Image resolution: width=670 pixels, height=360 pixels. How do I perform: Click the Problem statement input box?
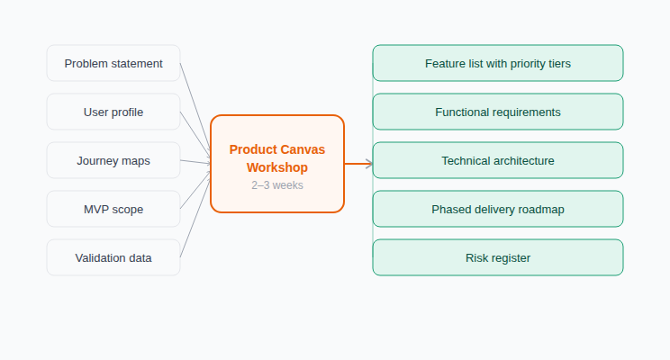[113, 63]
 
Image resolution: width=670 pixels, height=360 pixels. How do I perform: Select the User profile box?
[113, 112]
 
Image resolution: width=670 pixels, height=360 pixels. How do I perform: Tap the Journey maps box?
[113, 160]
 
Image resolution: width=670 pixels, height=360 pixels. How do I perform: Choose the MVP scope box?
[113, 209]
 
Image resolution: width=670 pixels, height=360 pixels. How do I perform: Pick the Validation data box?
[113, 257]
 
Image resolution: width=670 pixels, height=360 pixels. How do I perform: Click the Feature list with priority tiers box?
[497, 63]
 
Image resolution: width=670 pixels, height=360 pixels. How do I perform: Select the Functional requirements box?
[497, 112]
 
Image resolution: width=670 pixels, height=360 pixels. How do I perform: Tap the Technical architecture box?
[497, 160]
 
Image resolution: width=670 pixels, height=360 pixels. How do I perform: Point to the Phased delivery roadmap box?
[497, 209]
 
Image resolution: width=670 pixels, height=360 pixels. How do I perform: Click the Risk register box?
[497, 257]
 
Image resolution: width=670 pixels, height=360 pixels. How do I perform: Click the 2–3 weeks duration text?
[277, 184]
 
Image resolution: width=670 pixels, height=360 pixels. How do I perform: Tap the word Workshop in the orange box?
[277, 167]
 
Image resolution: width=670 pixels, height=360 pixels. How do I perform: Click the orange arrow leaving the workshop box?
[358, 164]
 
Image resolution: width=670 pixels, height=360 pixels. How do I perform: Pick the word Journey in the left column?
[97, 160]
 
